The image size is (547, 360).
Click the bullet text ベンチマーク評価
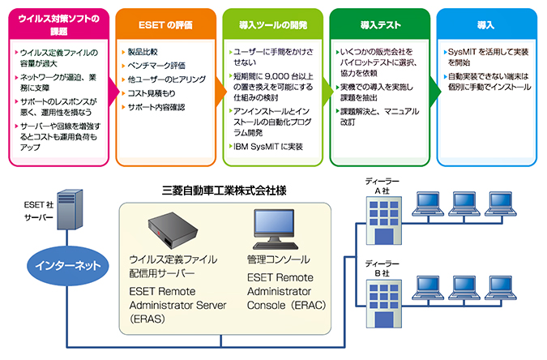(157, 66)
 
